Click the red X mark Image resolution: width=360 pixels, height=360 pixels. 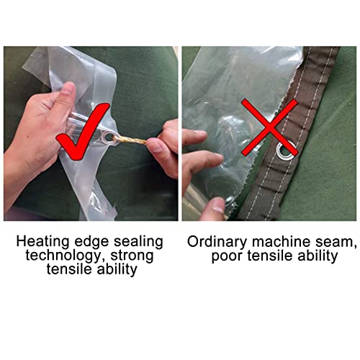point(270,127)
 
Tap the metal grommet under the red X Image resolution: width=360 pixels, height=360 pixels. point(285,151)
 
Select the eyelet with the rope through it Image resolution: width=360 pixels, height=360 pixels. point(109,138)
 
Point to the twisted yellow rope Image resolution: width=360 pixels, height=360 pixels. point(131,140)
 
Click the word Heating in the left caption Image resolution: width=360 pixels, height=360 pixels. point(42,242)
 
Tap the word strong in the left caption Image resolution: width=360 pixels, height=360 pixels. point(132,256)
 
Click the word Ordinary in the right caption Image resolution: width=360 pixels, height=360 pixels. point(217,242)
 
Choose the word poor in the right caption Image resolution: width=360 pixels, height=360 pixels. point(227,256)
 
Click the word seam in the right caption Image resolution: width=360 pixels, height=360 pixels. point(336,243)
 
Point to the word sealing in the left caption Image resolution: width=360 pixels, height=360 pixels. point(138,242)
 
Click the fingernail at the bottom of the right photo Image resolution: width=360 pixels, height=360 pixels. point(218,206)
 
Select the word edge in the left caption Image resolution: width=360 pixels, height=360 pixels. point(91,242)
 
